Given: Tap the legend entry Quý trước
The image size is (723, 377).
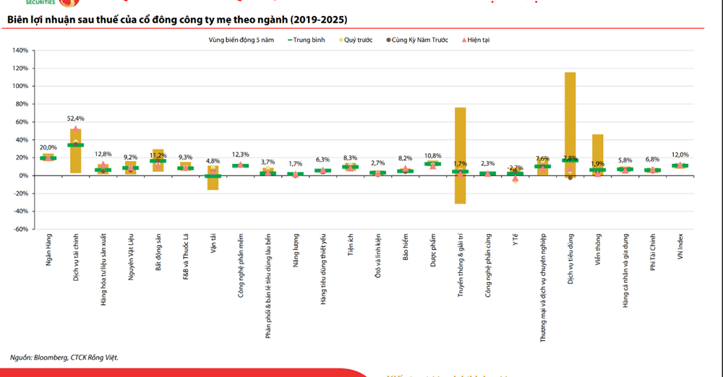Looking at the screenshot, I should (x=356, y=40).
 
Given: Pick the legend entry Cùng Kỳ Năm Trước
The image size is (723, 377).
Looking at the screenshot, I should (x=419, y=40).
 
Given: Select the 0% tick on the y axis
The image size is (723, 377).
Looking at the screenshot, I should (x=22, y=175).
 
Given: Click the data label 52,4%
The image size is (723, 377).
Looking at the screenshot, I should (x=76, y=118).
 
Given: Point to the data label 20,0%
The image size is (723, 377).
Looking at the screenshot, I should (x=48, y=147).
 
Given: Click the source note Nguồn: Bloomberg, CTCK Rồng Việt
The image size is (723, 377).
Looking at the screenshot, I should (x=64, y=357).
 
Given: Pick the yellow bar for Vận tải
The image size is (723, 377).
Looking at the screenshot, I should (x=213, y=178).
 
